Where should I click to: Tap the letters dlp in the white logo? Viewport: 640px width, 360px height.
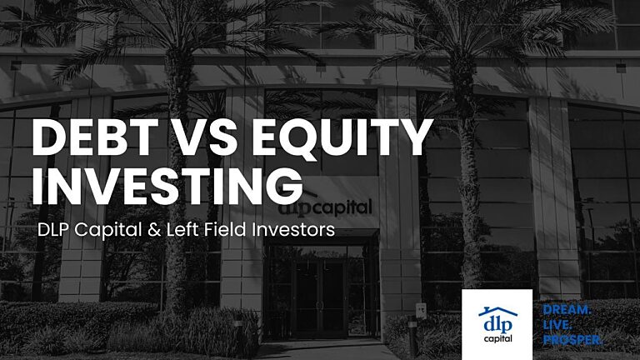pyautogui.click(x=497, y=322)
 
